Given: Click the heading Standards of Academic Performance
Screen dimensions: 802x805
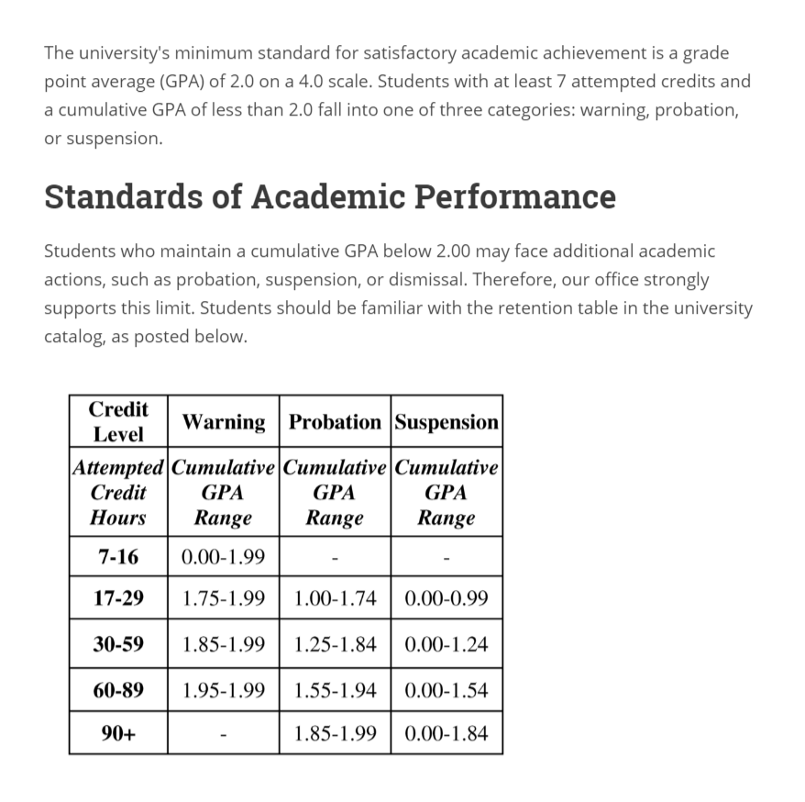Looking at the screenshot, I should pyautogui.click(x=330, y=196).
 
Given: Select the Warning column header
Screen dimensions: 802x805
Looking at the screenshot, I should pyautogui.click(x=224, y=422).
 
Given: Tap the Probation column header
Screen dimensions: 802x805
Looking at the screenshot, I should pyautogui.click(x=335, y=422).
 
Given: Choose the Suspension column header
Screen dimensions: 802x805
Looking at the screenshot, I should pyautogui.click(x=447, y=422).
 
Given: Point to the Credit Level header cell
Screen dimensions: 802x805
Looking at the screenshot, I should pyautogui.click(x=118, y=420).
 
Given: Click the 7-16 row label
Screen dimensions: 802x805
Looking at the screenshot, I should pyautogui.click(x=118, y=555).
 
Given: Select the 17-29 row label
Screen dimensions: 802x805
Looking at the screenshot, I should pyautogui.click(x=118, y=598).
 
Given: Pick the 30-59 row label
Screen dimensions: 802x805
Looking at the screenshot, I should pyautogui.click(x=118, y=643).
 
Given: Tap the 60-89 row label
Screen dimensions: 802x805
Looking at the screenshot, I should pyautogui.click(x=118, y=689).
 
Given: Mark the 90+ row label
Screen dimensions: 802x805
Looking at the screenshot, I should pyautogui.click(x=118, y=733).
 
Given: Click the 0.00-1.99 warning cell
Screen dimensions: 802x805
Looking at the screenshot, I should pyautogui.click(x=224, y=555).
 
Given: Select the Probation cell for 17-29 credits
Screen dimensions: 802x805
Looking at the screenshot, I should pyautogui.click(x=335, y=598).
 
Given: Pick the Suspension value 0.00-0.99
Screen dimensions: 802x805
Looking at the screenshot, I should pyautogui.click(x=447, y=598).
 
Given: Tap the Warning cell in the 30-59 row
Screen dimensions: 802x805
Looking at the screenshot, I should pyautogui.click(x=224, y=643).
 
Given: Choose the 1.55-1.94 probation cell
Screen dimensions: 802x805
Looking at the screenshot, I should pyautogui.click(x=335, y=689).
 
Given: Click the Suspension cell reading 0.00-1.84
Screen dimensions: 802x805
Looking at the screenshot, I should pyautogui.click(x=447, y=733).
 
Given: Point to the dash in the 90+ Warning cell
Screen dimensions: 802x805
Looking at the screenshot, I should pyautogui.click(x=224, y=734).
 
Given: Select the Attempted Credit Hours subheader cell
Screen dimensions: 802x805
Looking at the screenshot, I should pyautogui.click(x=118, y=493).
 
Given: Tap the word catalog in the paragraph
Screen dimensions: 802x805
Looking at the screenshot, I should pyautogui.click(x=72, y=337).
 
